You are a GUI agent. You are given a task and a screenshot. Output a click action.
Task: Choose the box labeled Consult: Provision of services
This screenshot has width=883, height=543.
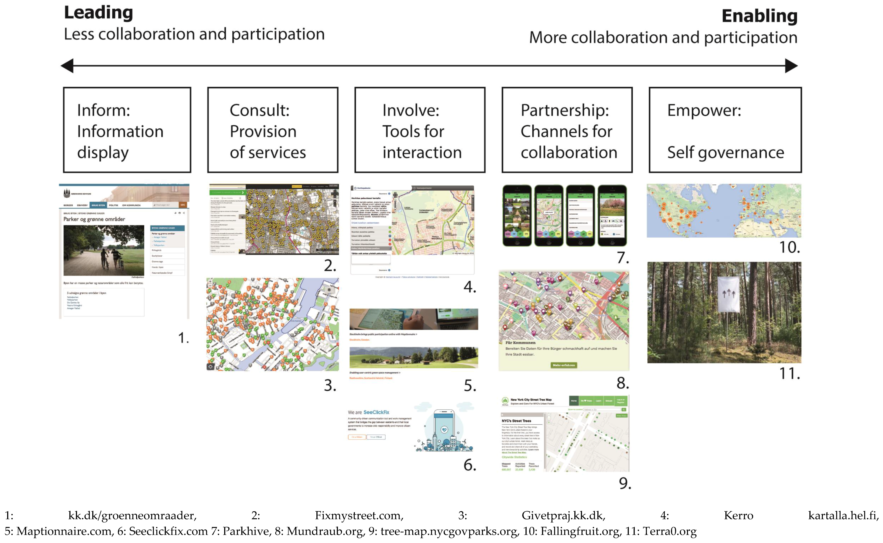pyautogui.click(x=273, y=130)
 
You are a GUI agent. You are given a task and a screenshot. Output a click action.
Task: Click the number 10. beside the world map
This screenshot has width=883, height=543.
pyautogui.click(x=789, y=247)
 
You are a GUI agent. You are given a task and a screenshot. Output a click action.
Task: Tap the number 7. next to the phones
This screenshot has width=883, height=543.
pyautogui.click(x=623, y=258)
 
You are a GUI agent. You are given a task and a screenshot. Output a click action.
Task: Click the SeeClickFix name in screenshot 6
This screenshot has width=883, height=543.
pyautogui.click(x=376, y=412)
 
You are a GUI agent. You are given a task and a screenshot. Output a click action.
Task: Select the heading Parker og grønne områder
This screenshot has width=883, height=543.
pyautogui.click(x=94, y=219)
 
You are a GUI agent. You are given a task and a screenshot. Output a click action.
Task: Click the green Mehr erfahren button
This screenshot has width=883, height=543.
pyautogui.click(x=564, y=365)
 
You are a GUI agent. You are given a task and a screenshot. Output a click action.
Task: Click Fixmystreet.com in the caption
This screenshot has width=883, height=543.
pyautogui.click(x=359, y=516)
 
